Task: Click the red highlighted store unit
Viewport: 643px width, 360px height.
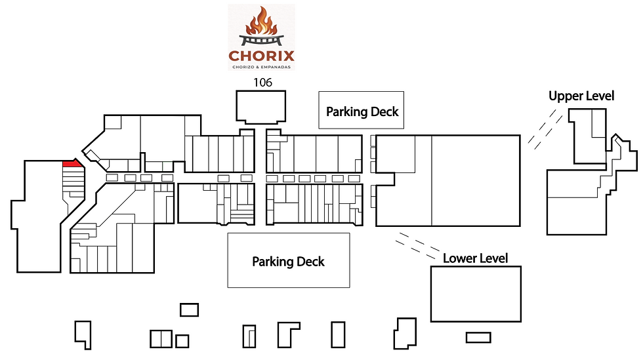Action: tap(72, 163)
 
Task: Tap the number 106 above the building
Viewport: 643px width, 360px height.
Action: tap(262, 83)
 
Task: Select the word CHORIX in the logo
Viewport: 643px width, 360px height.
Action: tap(262, 55)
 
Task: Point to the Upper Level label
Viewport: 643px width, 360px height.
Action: tap(581, 96)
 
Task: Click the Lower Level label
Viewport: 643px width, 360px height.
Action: tap(475, 258)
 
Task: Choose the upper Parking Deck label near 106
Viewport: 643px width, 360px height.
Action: tap(362, 111)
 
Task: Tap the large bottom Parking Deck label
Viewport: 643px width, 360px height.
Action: tap(288, 262)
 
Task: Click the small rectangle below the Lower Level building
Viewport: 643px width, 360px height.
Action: tap(478, 338)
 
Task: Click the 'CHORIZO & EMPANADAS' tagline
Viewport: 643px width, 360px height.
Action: tap(261, 67)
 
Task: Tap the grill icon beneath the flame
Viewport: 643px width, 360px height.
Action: tap(261, 40)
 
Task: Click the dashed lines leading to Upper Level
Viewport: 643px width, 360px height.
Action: tap(545, 129)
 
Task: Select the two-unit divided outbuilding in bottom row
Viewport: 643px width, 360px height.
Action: tap(161, 339)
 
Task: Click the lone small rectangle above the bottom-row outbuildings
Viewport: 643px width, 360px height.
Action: tap(190, 310)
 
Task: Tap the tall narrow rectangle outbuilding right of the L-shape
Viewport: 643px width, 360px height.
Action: tap(339, 334)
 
